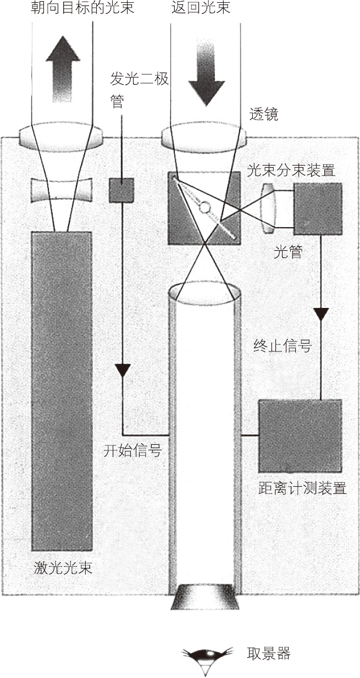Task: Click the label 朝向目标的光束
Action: [82, 9]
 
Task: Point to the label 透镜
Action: [264, 114]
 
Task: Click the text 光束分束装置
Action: [291, 170]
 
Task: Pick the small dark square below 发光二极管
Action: [121, 190]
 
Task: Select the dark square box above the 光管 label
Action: [318, 208]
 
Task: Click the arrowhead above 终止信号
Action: [321, 315]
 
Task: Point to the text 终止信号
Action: [283, 346]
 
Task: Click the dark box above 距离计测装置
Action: [300, 436]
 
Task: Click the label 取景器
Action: [269, 654]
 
